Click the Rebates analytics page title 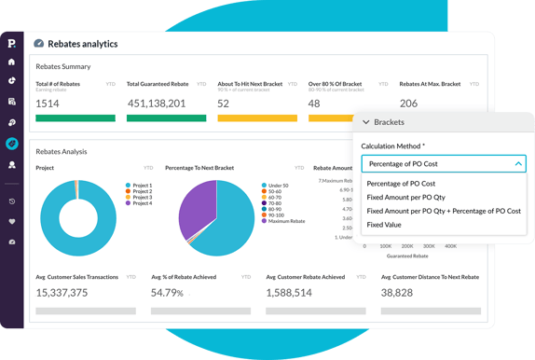(x=83, y=43)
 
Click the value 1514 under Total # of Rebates (x=48, y=104)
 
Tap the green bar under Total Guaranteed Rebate (x=166, y=118)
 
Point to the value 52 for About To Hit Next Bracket (x=224, y=104)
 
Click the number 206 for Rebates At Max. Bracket (x=409, y=104)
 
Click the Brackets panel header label (x=389, y=122)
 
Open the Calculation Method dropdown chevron (x=517, y=163)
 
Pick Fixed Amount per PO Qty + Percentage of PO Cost (x=444, y=211)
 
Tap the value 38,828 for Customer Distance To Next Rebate (x=403, y=293)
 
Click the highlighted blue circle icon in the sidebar (x=12, y=143)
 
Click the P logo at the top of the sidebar (x=12, y=43)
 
